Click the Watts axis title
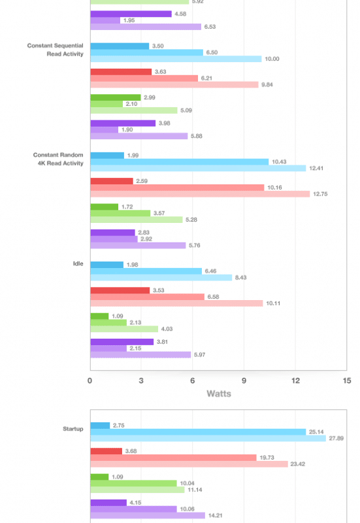click(x=219, y=394)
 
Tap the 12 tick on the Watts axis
click(x=295, y=380)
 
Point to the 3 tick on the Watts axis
click(x=141, y=380)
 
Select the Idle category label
click(x=78, y=263)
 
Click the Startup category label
click(x=73, y=429)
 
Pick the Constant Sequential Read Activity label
click(x=56, y=50)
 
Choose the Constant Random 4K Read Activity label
click(x=58, y=159)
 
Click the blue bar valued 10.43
click(x=179, y=161)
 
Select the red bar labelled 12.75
click(x=200, y=194)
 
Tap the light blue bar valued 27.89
click(x=208, y=438)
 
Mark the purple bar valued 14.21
click(x=148, y=515)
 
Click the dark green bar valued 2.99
click(x=116, y=97)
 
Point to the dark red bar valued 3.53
click(x=120, y=290)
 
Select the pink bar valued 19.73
click(x=173, y=458)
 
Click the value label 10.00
click(x=272, y=59)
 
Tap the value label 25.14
click(x=316, y=432)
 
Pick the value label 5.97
click(x=200, y=354)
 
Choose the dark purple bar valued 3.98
click(x=123, y=123)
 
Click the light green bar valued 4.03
click(x=124, y=329)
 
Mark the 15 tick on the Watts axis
click(x=347, y=380)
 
